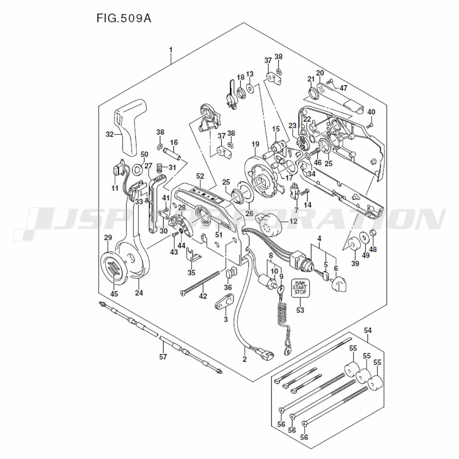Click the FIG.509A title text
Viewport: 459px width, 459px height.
coord(123,19)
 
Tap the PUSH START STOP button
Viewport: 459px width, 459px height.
coord(299,287)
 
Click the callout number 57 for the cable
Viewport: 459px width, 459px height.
coord(162,357)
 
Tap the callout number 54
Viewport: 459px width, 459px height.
coord(368,330)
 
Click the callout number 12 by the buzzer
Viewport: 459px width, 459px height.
coord(293,221)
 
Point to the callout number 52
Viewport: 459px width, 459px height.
coord(200,176)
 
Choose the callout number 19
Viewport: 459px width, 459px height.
coord(256,145)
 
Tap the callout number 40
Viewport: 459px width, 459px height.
coord(371,112)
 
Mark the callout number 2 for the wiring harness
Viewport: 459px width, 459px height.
coord(245,359)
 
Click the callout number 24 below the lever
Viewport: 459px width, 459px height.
coord(139,292)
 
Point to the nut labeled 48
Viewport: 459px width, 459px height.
coord(373,234)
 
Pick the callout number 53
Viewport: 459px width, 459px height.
coord(300,310)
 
